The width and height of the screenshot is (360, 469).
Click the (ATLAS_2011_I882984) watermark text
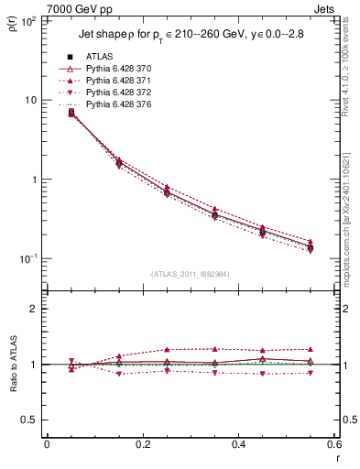pyautogui.click(x=191, y=274)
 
